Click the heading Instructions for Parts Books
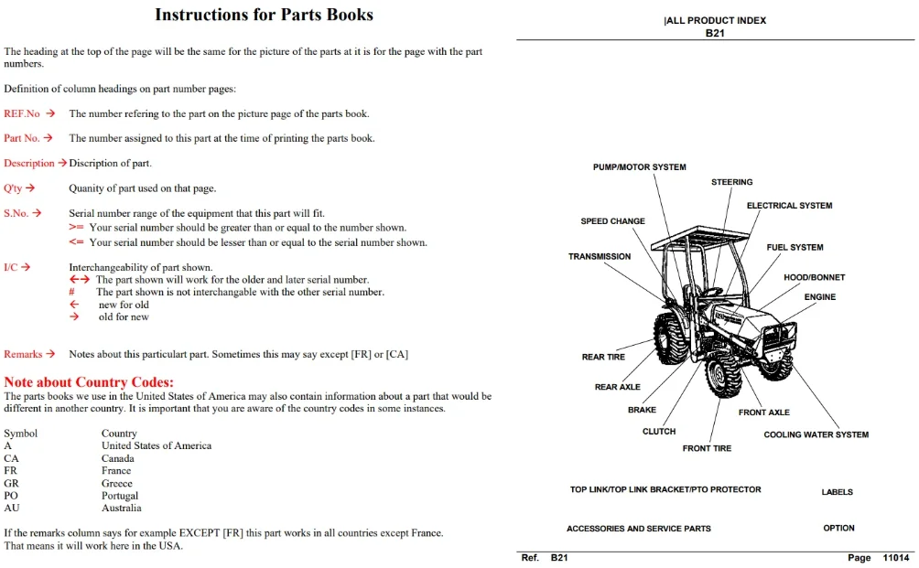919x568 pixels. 264,15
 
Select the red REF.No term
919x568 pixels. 22,113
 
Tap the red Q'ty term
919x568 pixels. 13,188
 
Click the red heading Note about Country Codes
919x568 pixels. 89,381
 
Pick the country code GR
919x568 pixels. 11,483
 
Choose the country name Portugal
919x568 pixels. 120,496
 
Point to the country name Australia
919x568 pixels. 122,508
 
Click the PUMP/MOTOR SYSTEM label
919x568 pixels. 640,166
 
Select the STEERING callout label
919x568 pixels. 732,182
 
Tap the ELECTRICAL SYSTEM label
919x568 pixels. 789,206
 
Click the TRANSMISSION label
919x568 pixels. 600,256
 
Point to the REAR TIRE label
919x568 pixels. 603,357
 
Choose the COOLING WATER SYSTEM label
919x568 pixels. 816,434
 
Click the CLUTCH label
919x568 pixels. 659,431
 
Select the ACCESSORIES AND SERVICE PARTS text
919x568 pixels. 638,528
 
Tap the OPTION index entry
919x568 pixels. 838,528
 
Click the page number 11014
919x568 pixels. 896,557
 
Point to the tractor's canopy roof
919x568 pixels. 700,237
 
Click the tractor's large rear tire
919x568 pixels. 672,338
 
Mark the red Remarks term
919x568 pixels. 23,354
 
